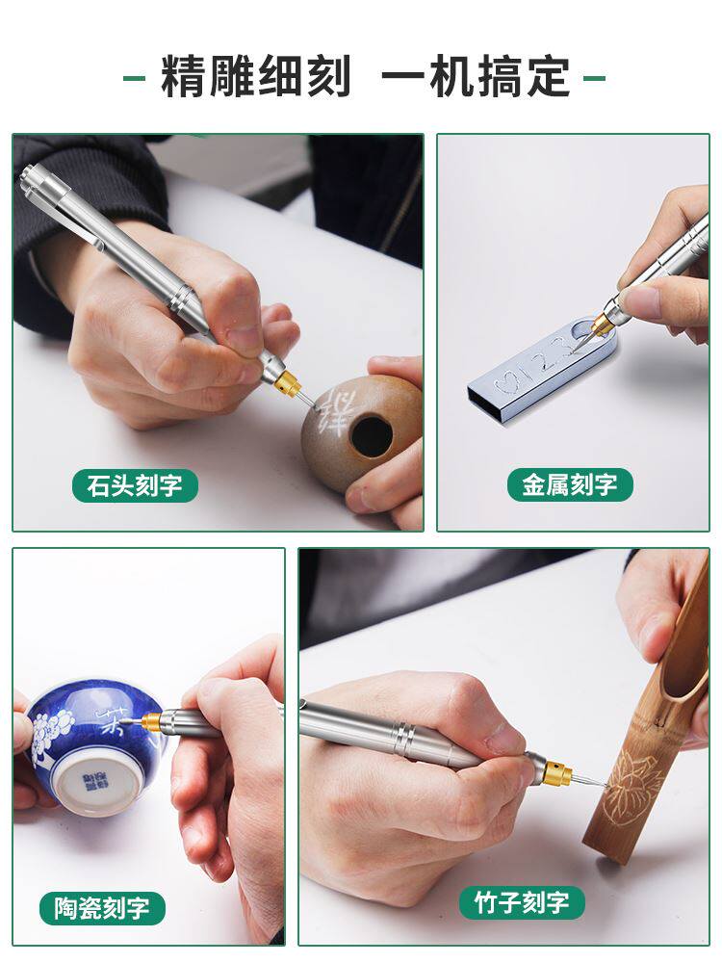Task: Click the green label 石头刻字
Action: pos(135,485)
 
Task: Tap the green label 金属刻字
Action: pos(570,484)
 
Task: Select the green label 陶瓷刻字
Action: pos(102,908)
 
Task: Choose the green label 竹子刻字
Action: pos(522,902)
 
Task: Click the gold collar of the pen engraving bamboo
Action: pos(555,769)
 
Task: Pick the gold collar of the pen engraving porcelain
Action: pos(151,721)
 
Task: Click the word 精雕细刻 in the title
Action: pos(256,77)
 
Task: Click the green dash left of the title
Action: pos(134,77)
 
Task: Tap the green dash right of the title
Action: pos(595,77)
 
